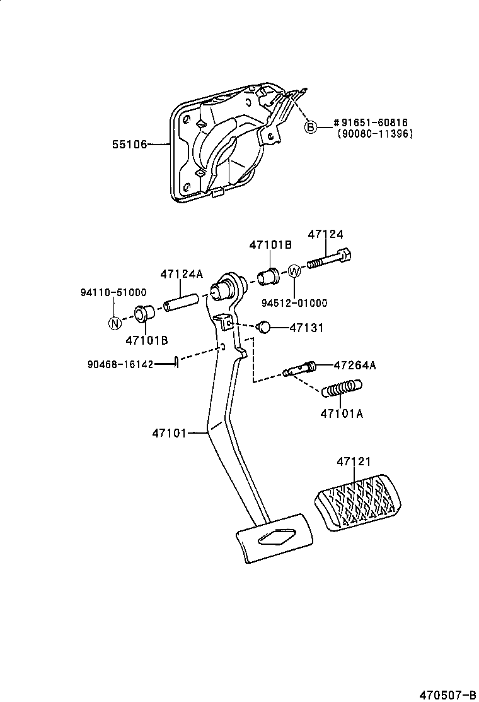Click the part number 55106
[129, 145]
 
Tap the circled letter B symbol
[310, 128]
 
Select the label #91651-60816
[370, 123]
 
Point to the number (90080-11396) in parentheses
[374, 134]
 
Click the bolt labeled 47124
[330, 259]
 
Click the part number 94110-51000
[113, 292]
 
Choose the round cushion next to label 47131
[265, 327]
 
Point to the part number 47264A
[355, 365]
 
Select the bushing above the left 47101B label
[146, 313]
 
